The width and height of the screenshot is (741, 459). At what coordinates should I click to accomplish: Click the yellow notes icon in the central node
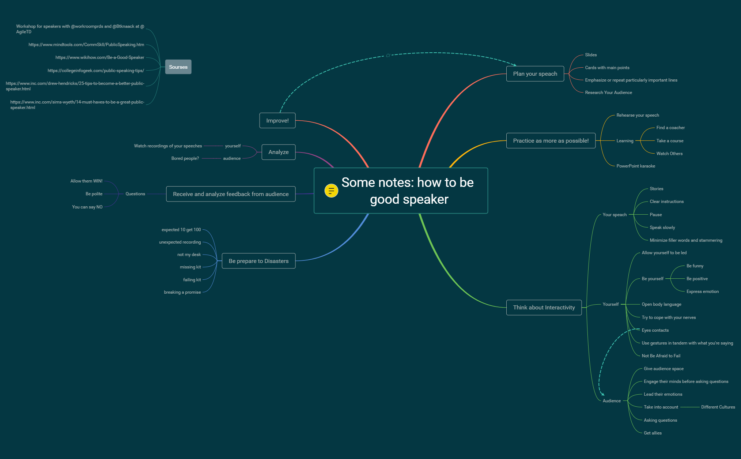click(x=331, y=191)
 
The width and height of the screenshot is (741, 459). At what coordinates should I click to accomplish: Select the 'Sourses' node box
click(x=178, y=67)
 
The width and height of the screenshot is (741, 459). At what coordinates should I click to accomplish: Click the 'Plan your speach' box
click(x=535, y=74)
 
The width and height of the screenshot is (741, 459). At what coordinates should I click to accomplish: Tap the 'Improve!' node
click(x=277, y=121)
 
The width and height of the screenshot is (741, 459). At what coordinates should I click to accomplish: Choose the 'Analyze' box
click(x=278, y=152)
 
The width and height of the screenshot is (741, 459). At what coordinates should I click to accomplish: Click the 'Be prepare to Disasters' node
click(x=258, y=261)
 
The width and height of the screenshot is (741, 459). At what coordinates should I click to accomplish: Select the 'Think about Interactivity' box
click(x=544, y=308)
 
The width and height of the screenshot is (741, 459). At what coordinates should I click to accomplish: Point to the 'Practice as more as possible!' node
click(x=551, y=141)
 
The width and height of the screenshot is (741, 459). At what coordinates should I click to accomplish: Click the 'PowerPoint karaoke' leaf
click(x=635, y=166)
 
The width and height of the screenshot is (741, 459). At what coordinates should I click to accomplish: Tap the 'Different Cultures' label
click(x=718, y=407)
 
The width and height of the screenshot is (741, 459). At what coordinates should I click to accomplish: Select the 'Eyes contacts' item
click(x=655, y=330)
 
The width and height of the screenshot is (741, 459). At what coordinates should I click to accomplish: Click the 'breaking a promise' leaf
click(x=182, y=292)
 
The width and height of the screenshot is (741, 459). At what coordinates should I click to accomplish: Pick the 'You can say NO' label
click(x=87, y=207)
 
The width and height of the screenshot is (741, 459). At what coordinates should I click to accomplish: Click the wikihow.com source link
click(x=100, y=57)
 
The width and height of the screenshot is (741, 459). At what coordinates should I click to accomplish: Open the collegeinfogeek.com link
click(x=96, y=71)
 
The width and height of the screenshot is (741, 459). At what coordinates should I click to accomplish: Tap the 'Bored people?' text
click(x=185, y=158)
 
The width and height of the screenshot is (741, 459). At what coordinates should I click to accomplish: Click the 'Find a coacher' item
click(x=670, y=128)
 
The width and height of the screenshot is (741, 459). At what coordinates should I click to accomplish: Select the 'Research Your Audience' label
click(x=608, y=93)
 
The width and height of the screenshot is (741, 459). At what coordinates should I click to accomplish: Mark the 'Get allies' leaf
click(x=653, y=433)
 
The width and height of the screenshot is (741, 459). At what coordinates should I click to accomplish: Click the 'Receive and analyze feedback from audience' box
click(x=231, y=194)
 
